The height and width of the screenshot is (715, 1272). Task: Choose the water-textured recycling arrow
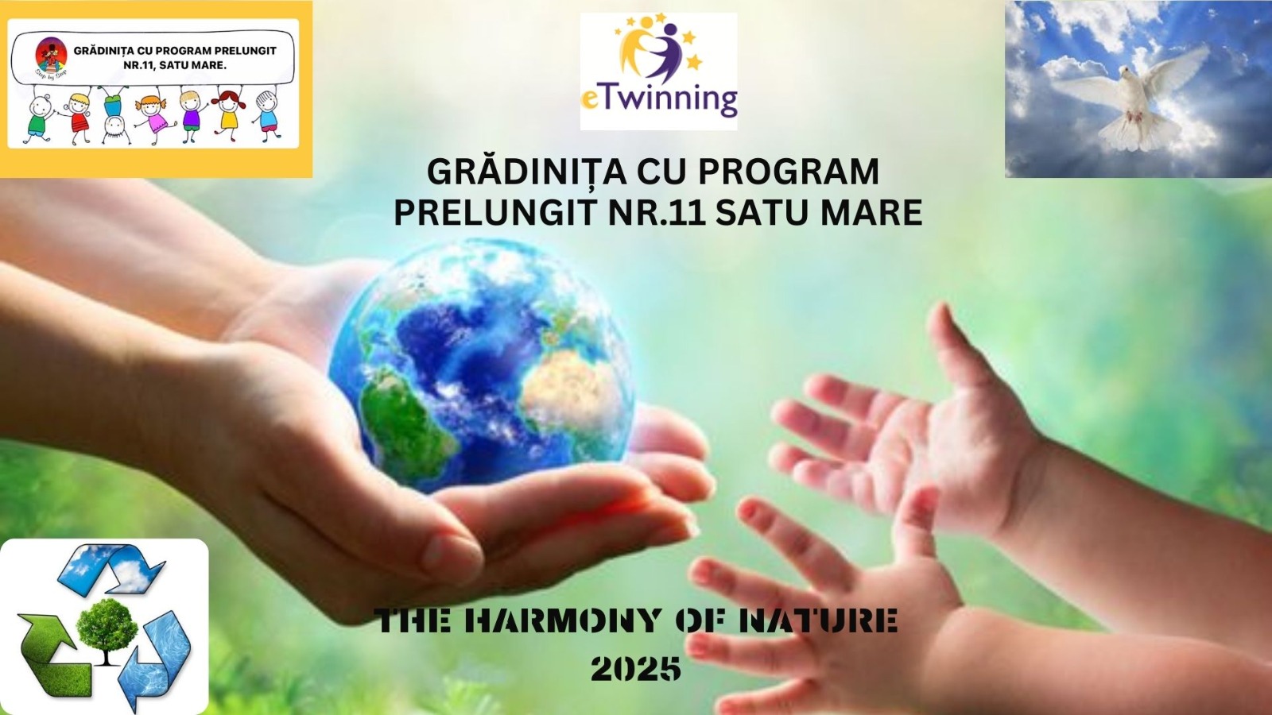coord(158,659)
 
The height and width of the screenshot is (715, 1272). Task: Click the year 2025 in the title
coord(636,668)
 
